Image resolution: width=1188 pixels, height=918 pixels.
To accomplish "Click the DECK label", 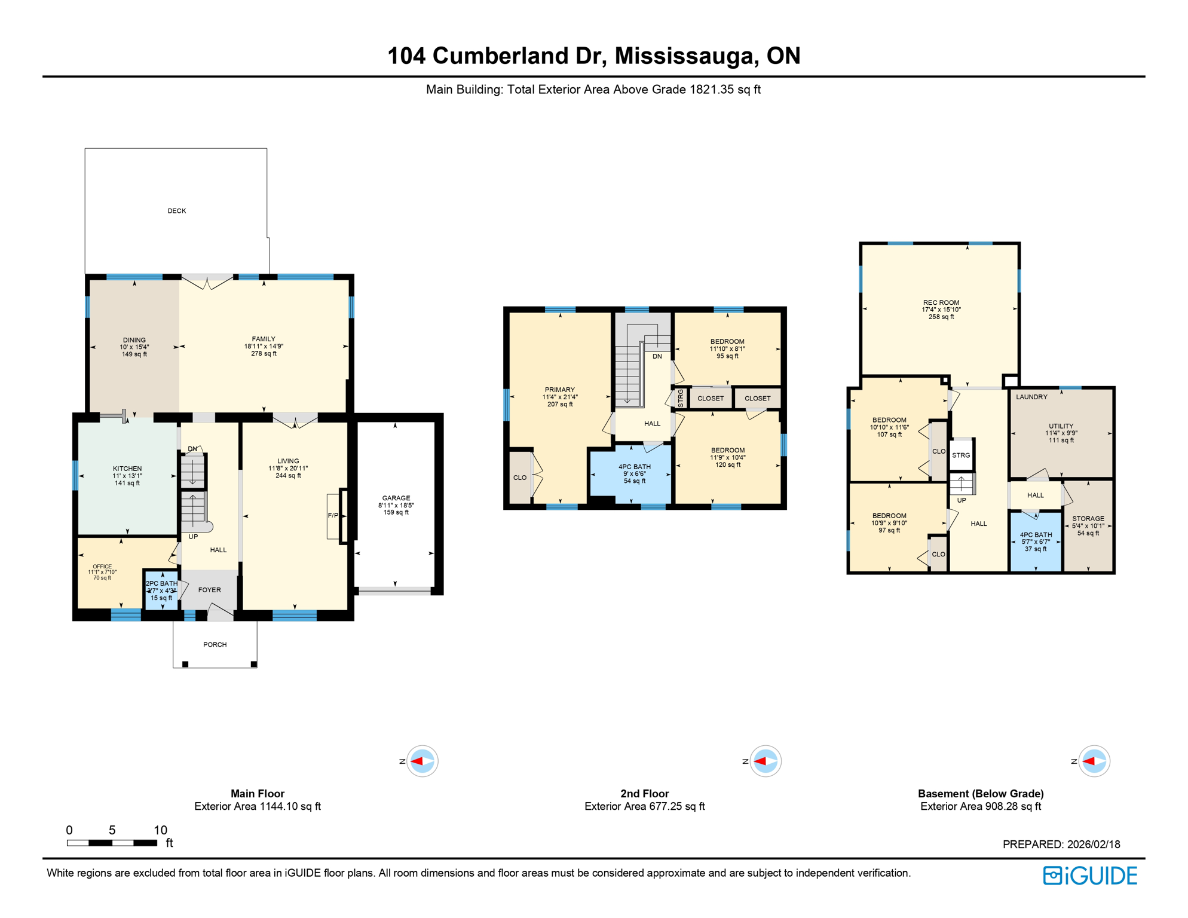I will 177,211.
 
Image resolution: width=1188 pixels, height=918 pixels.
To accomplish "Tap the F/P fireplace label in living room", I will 333,515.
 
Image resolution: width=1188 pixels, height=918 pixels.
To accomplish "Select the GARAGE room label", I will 396,498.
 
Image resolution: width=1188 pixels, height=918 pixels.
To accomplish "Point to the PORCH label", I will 215,644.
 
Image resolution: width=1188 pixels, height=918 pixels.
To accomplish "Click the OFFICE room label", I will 102,567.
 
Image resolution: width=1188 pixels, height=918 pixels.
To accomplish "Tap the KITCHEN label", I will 127,469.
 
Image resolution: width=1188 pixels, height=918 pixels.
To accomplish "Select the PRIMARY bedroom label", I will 559,390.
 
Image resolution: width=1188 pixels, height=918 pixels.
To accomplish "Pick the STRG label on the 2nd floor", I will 681,398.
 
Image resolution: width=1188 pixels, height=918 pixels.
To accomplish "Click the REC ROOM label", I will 941,303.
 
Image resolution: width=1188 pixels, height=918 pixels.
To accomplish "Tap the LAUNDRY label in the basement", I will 1031,397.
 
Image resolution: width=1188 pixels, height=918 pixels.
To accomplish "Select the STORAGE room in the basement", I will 1088,519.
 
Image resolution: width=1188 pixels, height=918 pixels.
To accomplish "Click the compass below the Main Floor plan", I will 422,761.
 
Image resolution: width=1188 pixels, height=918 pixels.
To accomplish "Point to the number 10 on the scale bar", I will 160,830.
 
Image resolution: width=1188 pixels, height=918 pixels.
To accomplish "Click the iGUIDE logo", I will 1090,876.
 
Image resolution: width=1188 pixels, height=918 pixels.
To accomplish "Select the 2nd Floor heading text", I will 644,794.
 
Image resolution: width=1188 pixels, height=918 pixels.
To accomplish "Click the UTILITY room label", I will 1061,426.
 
